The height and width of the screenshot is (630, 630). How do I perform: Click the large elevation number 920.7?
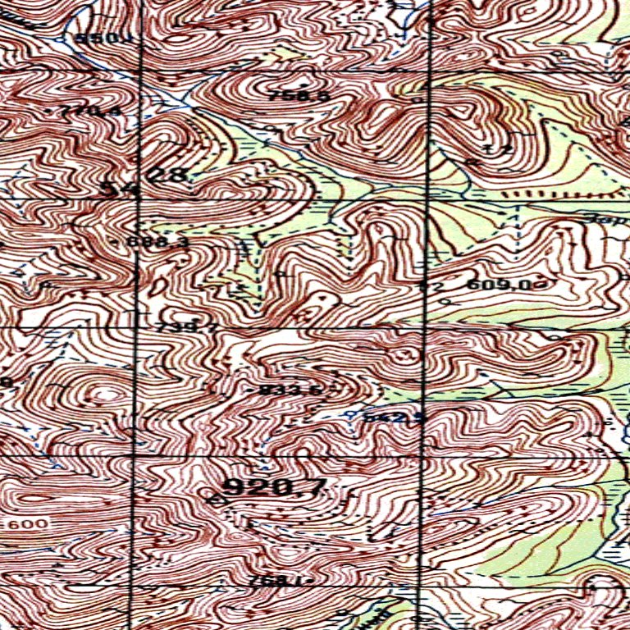point(275,487)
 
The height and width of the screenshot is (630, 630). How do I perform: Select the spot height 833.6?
point(290,390)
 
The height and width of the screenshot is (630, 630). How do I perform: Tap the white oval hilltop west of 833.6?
point(102,395)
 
